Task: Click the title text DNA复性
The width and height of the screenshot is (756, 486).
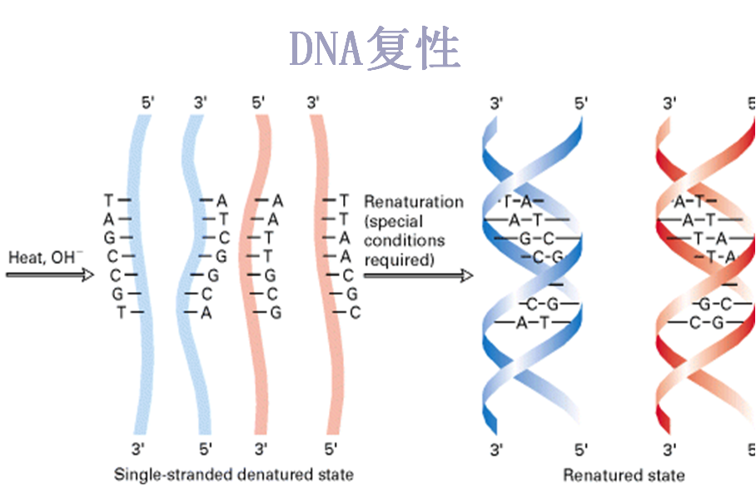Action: coord(375,48)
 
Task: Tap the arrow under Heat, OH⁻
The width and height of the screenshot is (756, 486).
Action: coord(49,275)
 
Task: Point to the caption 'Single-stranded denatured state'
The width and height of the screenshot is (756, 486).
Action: coord(233,475)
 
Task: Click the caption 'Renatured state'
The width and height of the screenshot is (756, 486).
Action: coord(624,476)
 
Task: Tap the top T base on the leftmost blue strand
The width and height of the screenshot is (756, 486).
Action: coord(108,201)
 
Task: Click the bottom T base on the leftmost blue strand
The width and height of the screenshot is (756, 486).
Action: coord(120,313)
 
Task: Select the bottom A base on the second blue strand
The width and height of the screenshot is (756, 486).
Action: coord(205,313)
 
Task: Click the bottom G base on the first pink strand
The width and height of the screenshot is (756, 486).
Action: coord(276,313)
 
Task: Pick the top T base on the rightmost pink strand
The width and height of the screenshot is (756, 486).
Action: coord(345,201)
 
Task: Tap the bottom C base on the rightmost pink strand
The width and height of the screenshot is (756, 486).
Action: coord(355,313)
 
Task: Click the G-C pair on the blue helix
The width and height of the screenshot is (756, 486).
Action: coord(525,239)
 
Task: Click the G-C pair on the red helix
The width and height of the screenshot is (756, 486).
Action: coord(710,304)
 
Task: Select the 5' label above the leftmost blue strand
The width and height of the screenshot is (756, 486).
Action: coord(147,103)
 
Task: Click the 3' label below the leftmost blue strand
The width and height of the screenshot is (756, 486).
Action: coord(140,450)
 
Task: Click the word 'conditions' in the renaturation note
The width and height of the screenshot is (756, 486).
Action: coord(405,241)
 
